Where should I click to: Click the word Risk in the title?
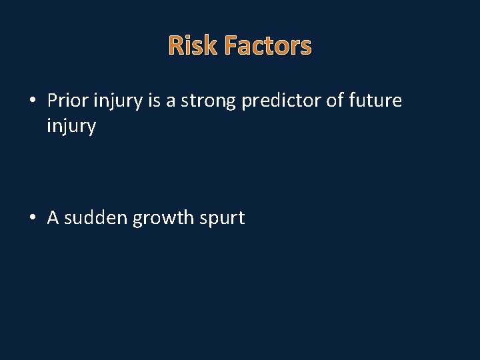(x=194, y=46)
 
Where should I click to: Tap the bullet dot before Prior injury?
(x=33, y=101)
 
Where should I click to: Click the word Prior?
(x=66, y=101)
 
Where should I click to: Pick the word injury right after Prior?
(x=115, y=102)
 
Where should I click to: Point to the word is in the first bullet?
(x=151, y=101)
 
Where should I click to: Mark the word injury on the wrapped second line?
(x=71, y=127)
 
